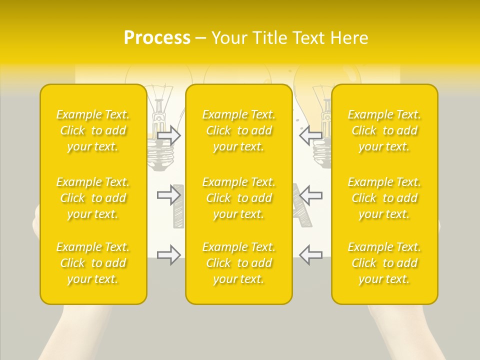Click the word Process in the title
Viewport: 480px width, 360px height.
point(157,38)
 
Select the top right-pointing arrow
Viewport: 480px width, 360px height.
point(169,135)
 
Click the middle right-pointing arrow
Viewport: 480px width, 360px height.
point(169,194)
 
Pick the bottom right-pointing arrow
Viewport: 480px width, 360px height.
point(169,254)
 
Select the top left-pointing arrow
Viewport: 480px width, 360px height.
point(311,135)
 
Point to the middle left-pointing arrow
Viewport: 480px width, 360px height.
point(311,194)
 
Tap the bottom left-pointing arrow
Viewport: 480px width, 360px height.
point(311,254)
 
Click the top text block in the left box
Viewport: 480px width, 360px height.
point(93,130)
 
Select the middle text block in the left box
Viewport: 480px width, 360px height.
point(93,198)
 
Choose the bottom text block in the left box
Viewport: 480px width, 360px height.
point(93,263)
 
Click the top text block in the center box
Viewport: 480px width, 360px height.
point(239,130)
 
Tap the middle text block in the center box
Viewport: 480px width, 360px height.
point(239,198)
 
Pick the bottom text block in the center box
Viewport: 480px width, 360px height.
point(239,263)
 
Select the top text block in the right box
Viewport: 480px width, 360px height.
point(384,130)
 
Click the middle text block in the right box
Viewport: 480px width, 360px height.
point(384,198)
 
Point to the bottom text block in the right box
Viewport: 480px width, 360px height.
point(384,263)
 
